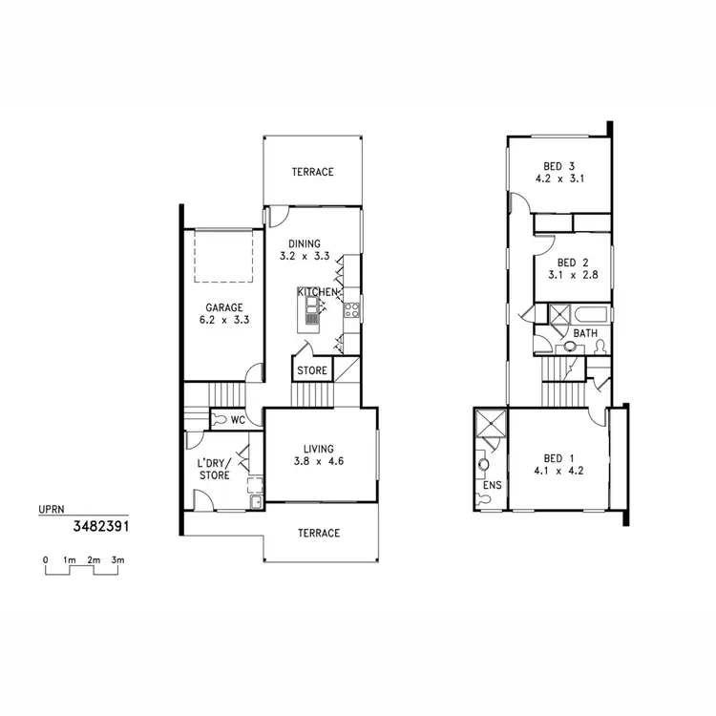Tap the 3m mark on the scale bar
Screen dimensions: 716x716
click(x=116, y=559)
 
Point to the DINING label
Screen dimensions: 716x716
click(x=304, y=243)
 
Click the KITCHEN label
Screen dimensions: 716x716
click(x=319, y=290)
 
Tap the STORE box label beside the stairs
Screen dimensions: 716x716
click(x=312, y=370)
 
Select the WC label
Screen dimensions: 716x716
click(x=241, y=418)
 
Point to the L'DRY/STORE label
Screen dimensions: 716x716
click(x=214, y=468)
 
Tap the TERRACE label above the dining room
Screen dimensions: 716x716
click(x=312, y=172)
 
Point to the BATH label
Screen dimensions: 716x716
click(x=585, y=332)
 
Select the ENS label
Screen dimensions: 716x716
click(x=493, y=486)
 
